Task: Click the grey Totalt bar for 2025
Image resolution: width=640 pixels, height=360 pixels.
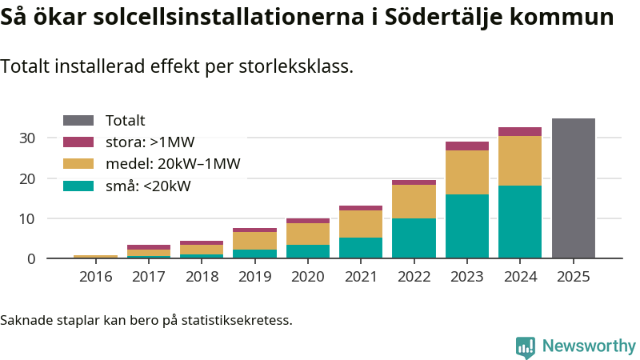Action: [574, 188]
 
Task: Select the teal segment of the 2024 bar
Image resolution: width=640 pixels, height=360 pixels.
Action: [520, 222]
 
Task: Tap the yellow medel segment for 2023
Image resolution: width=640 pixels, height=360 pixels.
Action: [467, 172]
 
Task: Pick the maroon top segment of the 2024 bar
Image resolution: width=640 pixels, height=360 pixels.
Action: [520, 131]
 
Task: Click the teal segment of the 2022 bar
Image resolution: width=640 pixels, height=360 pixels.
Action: [414, 238]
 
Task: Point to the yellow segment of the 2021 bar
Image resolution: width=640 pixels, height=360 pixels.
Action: [361, 224]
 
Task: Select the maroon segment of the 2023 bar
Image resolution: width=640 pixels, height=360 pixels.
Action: [467, 146]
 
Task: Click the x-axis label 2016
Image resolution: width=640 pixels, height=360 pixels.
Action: [96, 277]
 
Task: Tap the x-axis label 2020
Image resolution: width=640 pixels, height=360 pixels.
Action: [308, 277]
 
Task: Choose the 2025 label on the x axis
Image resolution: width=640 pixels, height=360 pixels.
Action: [574, 277]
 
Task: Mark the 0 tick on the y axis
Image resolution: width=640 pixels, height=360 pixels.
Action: [31, 258]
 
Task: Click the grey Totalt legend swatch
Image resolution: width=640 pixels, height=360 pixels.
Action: [78, 121]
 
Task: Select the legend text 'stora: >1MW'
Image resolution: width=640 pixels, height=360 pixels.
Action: [150, 142]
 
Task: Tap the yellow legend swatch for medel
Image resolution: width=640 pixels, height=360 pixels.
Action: [78, 164]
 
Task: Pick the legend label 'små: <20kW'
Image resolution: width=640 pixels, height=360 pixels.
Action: [148, 186]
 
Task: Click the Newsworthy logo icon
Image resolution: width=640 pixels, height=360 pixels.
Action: [526, 346]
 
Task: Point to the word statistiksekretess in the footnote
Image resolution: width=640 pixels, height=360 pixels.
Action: [237, 321]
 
